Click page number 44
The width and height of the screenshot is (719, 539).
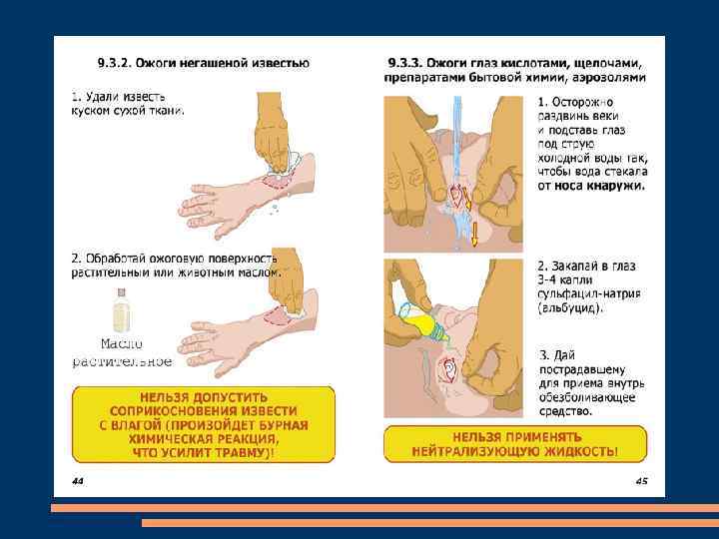tap(78, 481)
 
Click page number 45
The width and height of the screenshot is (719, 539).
tap(641, 481)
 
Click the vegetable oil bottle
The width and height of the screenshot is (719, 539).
tap(122, 310)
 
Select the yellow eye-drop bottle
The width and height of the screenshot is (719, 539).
tap(424, 324)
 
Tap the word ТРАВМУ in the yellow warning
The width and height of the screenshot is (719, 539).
tap(240, 453)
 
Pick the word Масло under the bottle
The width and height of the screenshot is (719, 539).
tap(122, 343)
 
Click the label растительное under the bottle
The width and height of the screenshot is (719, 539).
tap(122, 361)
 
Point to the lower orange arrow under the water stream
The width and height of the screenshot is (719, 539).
tap(474, 234)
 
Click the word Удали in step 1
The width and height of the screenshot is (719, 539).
tap(103, 97)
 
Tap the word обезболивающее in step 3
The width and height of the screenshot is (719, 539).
tap(587, 397)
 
